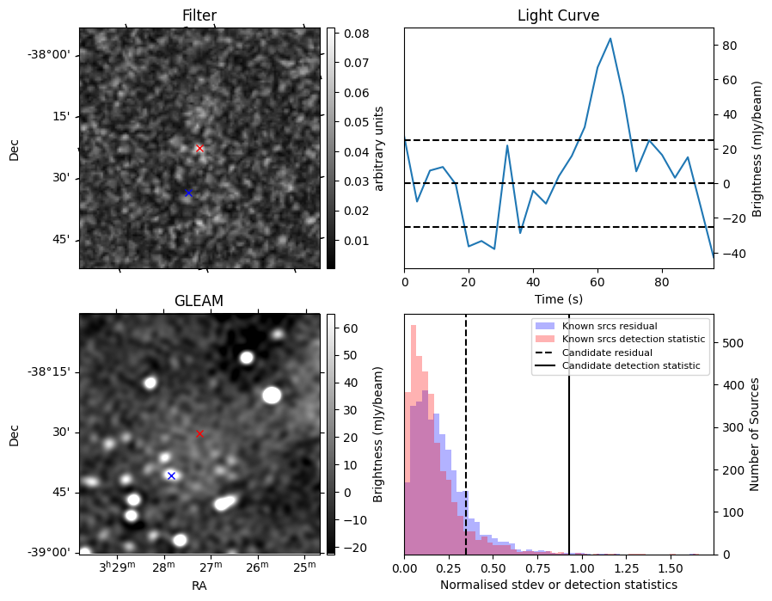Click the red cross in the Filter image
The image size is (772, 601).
[199, 149]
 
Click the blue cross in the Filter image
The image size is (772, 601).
[188, 193]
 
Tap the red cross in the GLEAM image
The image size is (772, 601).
[199, 434]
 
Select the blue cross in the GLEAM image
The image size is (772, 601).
[171, 475]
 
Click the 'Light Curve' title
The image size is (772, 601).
[558, 15]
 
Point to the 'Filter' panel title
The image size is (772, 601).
[199, 15]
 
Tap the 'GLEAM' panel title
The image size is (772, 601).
[199, 301]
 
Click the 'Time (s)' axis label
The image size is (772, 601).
[558, 298]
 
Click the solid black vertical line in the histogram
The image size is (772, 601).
[568, 430]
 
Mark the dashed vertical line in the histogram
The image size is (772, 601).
[466, 430]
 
